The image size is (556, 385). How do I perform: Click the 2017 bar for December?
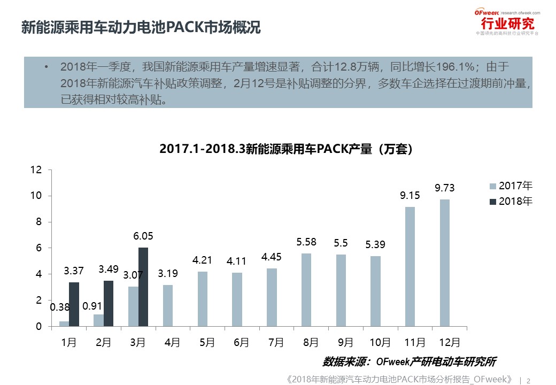(x=445, y=263)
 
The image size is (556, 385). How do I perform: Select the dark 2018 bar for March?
(x=143, y=287)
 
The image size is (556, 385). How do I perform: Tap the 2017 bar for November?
(x=410, y=266)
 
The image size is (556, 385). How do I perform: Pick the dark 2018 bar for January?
(x=74, y=304)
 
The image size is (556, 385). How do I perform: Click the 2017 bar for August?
(x=306, y=290)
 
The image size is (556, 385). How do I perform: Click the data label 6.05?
(x=143, y=236)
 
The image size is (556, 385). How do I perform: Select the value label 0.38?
(x=60, y=307)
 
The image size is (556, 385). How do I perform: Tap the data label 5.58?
(x=306, y=242)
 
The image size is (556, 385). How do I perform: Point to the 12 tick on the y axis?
(x=36, y=170)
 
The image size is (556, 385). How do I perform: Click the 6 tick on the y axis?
(x=38, y=248)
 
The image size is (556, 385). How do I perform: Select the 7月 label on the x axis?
(x=275, y=342)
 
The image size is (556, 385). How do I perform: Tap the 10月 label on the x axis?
(x=375, y=342)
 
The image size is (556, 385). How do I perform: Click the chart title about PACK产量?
(x=286, y=149)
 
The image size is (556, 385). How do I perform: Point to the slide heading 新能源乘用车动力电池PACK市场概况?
(x=141, y=28)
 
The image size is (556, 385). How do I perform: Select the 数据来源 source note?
(x=410, y=361)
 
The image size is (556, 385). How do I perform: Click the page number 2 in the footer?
(x=529, y=381)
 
